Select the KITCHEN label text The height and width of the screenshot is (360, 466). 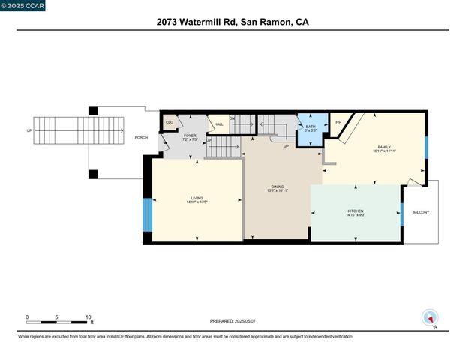(355, 211)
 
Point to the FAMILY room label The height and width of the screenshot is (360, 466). (383, 147)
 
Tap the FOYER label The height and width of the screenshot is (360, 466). (190, 136)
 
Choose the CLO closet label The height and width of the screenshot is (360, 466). (170, 121)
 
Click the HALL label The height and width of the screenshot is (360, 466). (218, 124)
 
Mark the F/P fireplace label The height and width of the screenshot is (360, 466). (338, 122)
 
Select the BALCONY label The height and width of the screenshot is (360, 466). (421, 212)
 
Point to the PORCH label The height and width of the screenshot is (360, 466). (141, 137)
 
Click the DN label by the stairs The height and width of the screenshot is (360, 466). (232, 118)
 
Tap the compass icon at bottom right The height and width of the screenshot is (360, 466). (430, 317)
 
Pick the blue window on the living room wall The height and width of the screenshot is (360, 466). (147, 214)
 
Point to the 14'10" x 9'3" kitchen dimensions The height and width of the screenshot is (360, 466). (355, 215)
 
